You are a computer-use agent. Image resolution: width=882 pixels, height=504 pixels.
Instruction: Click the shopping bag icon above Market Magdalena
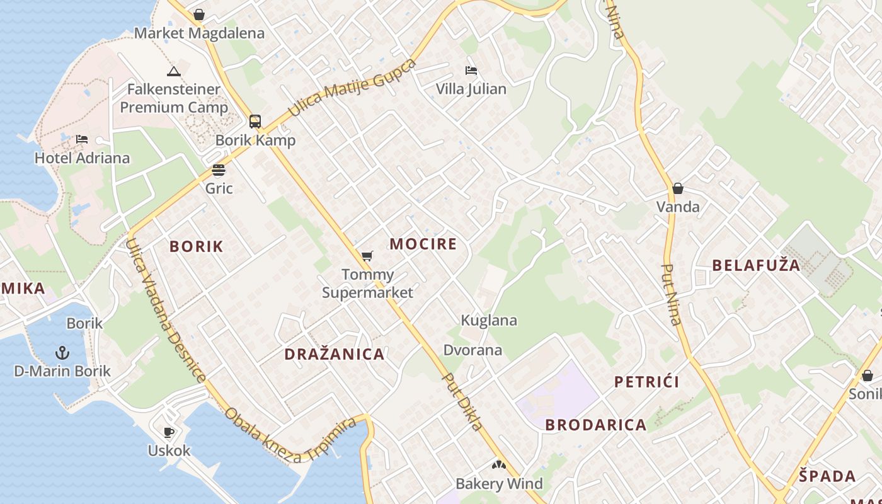click(x=199, y=14)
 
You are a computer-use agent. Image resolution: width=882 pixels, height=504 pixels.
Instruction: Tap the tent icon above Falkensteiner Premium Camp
click(x=174, y=71)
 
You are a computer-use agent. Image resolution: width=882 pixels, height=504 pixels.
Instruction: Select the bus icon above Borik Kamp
click(x=255, y=121)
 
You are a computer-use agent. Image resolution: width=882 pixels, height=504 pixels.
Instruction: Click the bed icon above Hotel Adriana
click(x=82, y=139)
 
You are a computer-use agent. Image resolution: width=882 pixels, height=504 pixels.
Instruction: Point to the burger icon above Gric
click(x=219, y=169)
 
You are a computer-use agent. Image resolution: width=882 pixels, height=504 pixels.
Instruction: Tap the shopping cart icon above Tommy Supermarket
click(x=367, y=256)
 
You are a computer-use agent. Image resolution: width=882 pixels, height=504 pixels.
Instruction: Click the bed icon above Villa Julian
click(x=471, y=70)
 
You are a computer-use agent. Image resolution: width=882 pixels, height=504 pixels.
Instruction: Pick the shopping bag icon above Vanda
click(x=678, y=188)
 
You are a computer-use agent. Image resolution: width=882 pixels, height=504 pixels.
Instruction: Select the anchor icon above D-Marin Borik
click(x=62, y=352)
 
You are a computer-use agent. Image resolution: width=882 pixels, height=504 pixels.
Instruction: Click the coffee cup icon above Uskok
click(x=169, y=432)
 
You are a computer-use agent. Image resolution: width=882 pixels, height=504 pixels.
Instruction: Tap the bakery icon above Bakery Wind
click(x=499, y=465)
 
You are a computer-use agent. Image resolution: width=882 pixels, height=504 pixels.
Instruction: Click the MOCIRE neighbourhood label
click(x=423, y=244)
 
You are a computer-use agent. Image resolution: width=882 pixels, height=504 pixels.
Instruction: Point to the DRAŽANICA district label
click(x=335, y=354)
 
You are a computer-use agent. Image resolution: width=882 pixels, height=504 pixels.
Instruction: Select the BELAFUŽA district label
click(x=756, y=265)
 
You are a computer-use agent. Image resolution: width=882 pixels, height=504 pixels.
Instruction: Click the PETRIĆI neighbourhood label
click(x=646, y=382)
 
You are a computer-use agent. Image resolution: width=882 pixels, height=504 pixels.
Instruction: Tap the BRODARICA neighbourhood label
click(x=596, y=425)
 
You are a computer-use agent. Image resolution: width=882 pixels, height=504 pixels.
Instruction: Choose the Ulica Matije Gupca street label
click(x=352, y=88)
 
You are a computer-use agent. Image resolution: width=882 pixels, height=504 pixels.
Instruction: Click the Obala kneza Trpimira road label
click(x=290, y=436)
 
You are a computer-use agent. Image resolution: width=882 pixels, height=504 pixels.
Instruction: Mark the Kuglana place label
click(x=489, y=320)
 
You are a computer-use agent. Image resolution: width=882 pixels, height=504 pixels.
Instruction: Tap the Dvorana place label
click(x=472, y=350)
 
